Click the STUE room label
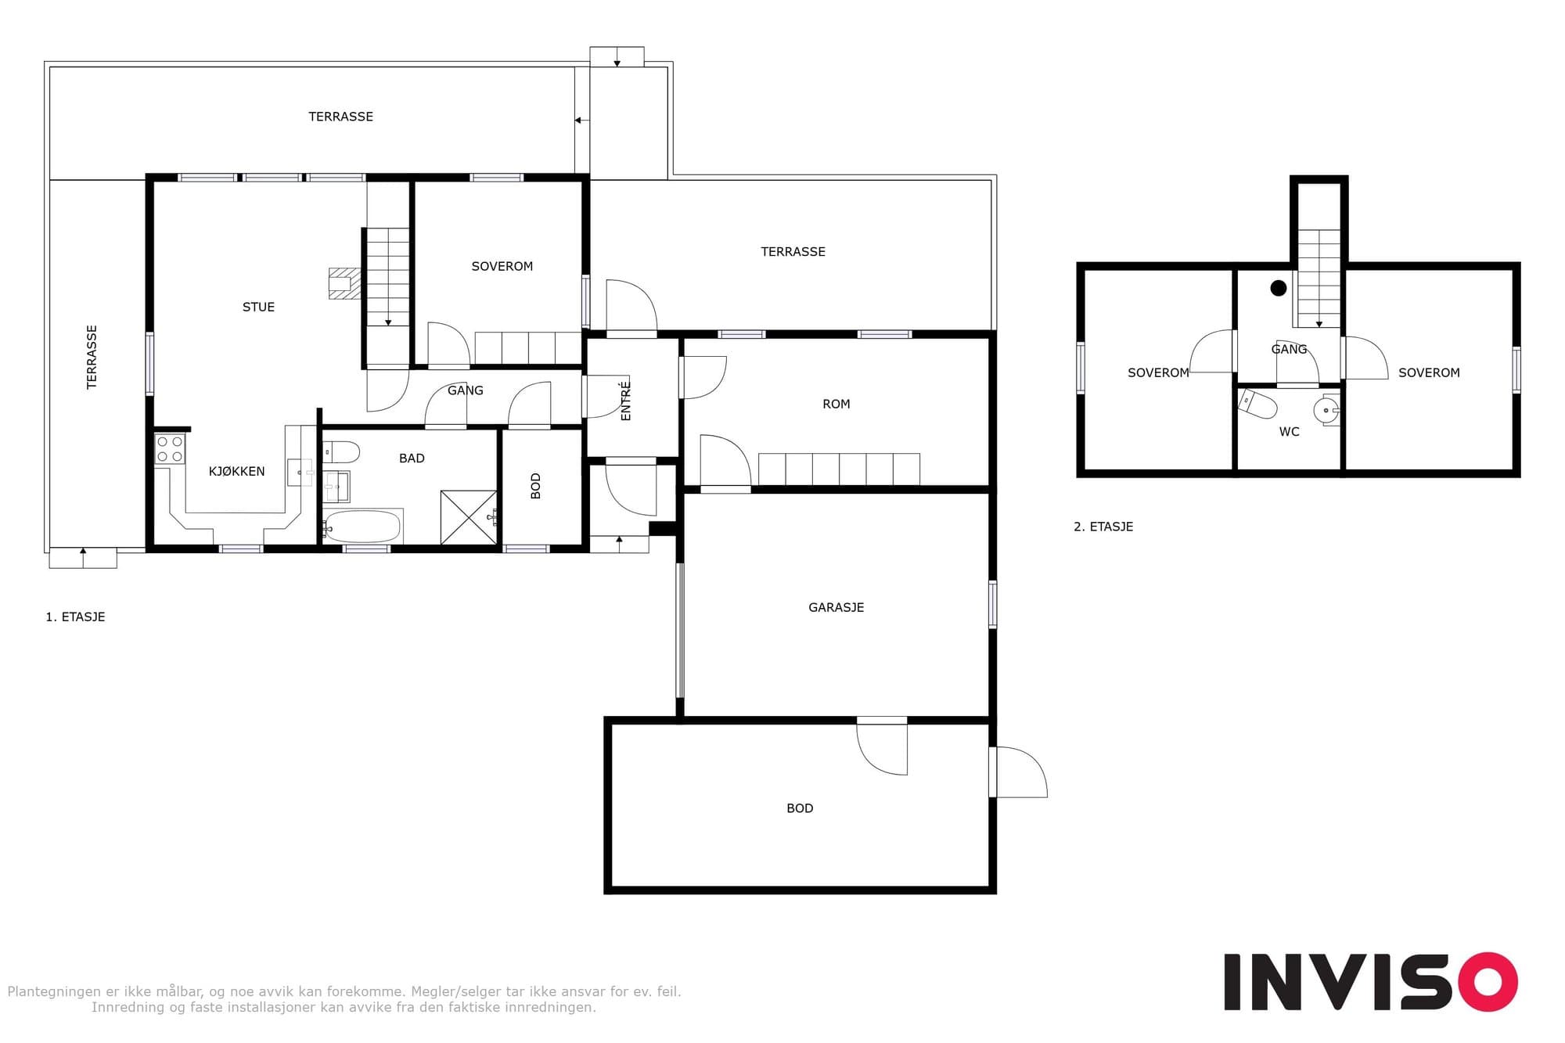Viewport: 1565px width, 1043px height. [258, 307]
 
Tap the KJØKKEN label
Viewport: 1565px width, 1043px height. [236, 471]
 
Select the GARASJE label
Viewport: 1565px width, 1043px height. [836, 607]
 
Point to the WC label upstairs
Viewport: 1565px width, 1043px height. [1289, 431]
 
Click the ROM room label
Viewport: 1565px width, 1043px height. [836, 404]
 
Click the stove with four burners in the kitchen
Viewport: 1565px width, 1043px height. [169, 449]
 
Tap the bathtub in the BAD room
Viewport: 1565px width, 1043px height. [362, 527]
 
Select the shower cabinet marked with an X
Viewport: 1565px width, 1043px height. [469, 517]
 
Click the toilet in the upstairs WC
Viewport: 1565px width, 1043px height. [1257, 404]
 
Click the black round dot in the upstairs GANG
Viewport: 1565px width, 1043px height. [1279, 288]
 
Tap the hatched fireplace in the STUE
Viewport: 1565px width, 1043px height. [344, 283]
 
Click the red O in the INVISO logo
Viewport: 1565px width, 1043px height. [1487, 982]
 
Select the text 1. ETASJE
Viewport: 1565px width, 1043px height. [75, 617]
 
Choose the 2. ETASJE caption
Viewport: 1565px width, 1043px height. [1103, 527]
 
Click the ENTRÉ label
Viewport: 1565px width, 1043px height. [625, 401]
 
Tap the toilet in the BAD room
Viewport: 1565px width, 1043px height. [341, 452]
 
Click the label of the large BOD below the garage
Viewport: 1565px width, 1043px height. [800, 808]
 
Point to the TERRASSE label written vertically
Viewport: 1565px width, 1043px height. [92, 357]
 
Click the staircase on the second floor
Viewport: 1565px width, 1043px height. [1319, 278]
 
